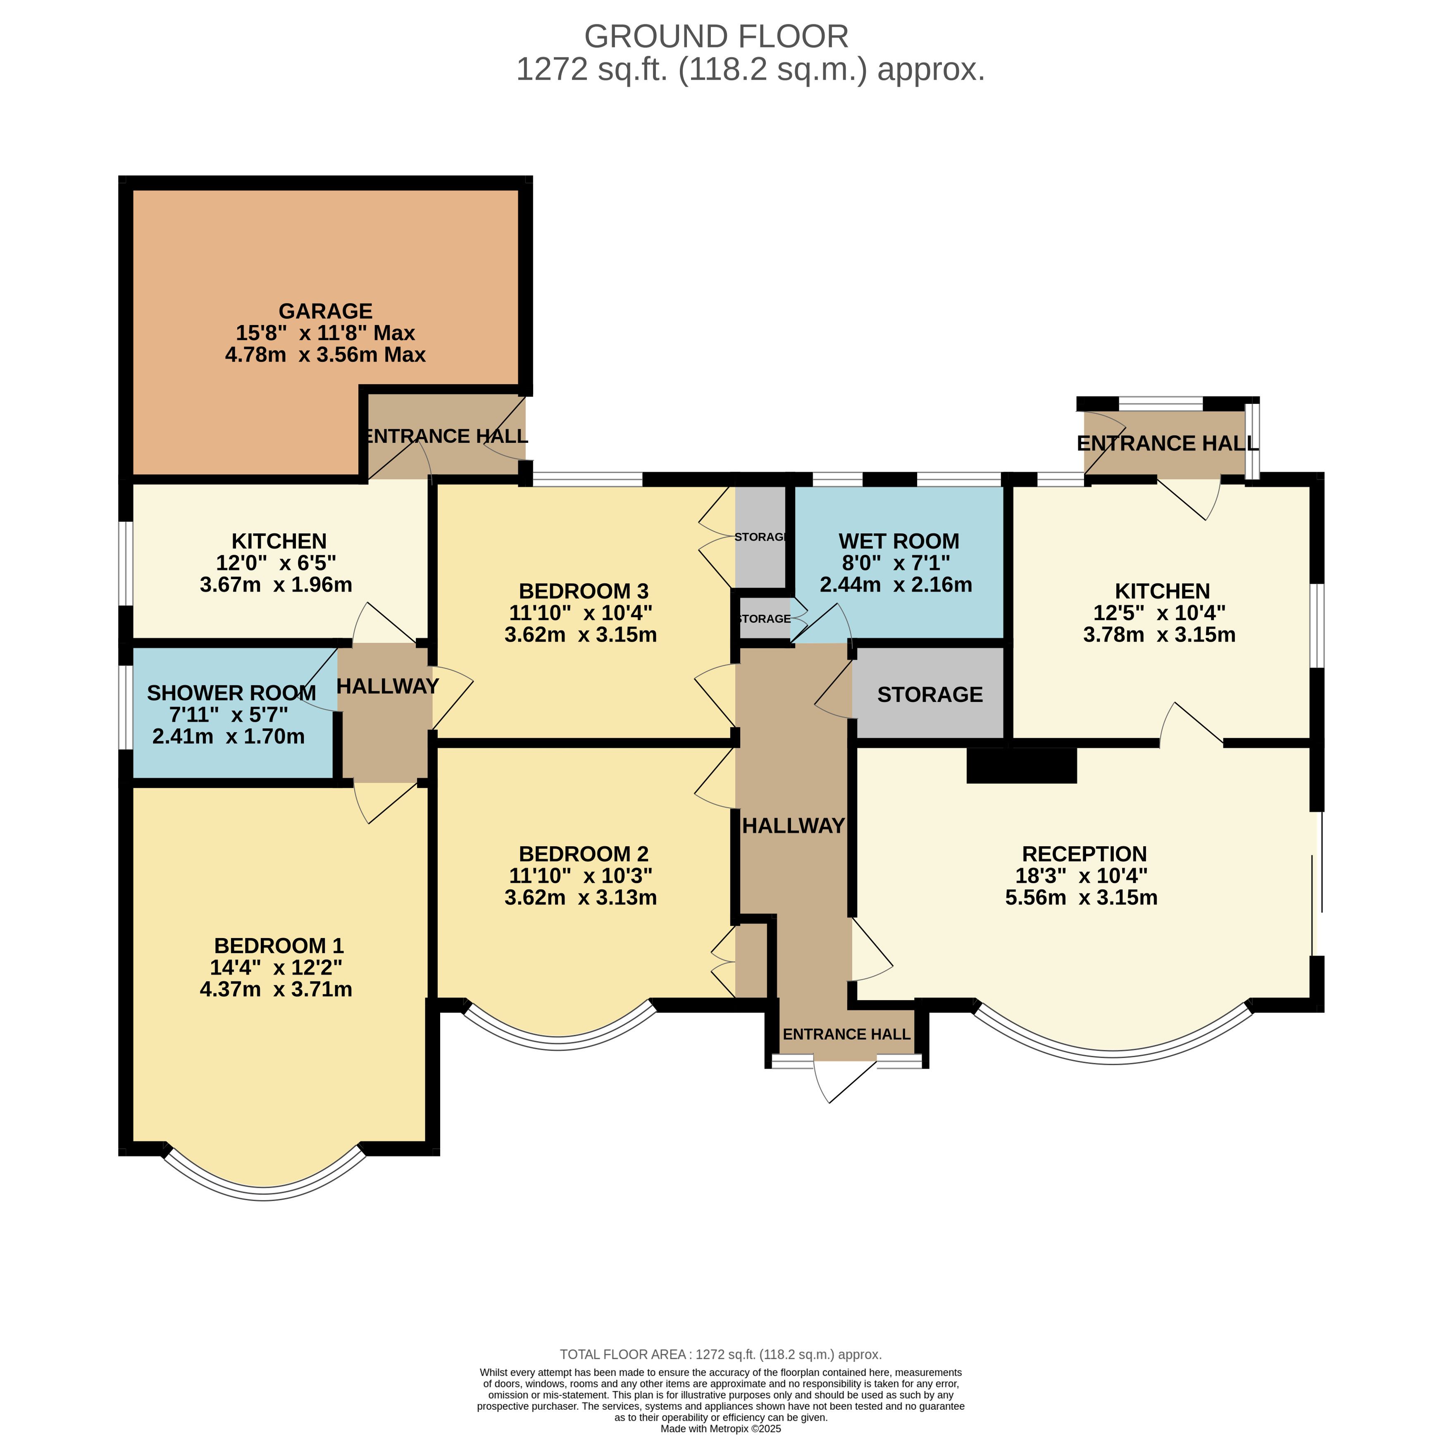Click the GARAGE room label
325,310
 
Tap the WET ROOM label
899,541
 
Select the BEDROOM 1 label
279,946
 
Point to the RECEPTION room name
1084,854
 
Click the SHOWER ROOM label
231,694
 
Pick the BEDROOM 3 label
584,591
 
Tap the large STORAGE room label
930,695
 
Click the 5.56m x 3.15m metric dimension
1082,898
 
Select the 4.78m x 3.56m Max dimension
325,355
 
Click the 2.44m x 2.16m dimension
896,585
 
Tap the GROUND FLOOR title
717,36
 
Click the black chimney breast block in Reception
1021,765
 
